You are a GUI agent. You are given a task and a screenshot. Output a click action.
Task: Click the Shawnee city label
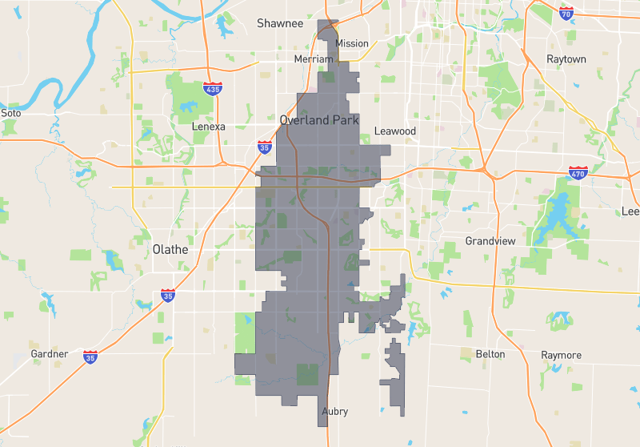click(280, 23)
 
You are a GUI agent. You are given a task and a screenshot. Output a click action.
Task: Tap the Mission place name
click(353, 43)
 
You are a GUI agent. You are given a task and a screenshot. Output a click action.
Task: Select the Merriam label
click(314, 59)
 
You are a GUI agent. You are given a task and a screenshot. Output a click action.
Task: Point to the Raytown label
click(566, 59)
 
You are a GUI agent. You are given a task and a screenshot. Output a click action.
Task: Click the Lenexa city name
click(209, 127)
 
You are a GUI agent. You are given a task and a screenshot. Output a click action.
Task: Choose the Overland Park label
click(319, 120)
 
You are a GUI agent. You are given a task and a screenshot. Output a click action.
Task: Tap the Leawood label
click(395, 131)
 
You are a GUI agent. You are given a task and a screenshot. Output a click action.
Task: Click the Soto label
click(10, 113)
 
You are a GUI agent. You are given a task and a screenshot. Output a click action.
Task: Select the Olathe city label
click(170, 249)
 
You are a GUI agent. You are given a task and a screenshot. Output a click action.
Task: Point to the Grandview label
click(490, 241)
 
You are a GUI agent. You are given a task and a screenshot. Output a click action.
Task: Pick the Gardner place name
click(50, 353)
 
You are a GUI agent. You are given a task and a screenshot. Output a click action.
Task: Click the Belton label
click(490, 354)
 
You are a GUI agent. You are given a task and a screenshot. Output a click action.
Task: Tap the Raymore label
click(561, 355)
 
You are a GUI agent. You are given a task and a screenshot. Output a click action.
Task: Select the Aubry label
click(334, 412)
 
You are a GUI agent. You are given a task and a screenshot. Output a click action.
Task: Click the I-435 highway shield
click(213, 89)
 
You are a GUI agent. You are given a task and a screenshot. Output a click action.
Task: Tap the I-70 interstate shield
click(566, 14)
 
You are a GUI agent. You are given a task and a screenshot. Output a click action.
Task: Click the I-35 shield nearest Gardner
click(90, 355)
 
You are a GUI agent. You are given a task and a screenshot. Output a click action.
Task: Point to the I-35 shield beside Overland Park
click(265, 147)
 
